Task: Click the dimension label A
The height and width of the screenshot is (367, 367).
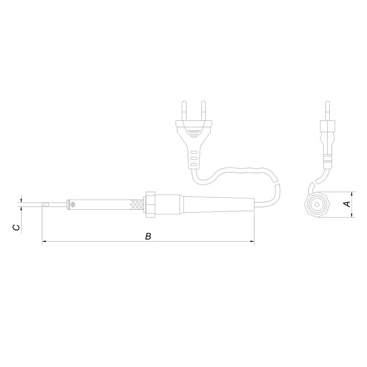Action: click(348, 204)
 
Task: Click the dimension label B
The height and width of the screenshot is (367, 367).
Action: click(148, 236)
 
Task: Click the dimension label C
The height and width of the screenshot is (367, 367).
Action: click(16, 227)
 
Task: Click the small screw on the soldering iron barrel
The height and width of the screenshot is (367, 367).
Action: click(73, 204)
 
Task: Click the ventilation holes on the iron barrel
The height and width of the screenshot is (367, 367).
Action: click(137, 204)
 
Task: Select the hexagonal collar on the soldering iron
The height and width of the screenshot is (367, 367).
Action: click(150, 204)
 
